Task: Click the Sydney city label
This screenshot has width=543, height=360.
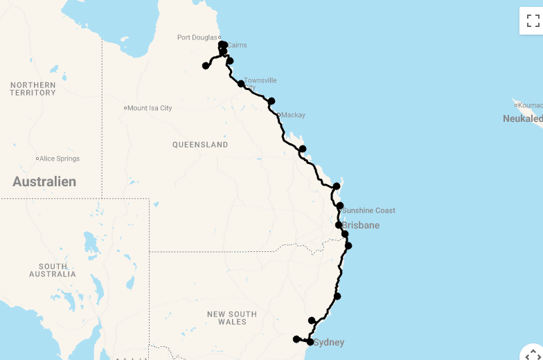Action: click(328, 343)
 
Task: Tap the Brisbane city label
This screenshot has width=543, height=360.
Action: click(360, 226)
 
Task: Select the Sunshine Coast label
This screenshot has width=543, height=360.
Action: click(368, 210)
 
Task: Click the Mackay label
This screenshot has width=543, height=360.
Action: click(293, 115)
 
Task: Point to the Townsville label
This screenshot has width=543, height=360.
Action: click(260, 80)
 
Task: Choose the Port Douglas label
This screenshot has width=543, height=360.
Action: click(197, 37)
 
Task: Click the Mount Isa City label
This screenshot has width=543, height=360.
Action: click(150, 108)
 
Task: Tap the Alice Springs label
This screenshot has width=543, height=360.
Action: click(60, 159)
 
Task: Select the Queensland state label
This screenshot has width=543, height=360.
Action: click(200, 145)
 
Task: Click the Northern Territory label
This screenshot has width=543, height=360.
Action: click(33, 89)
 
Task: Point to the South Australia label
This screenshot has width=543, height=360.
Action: click(53, 270)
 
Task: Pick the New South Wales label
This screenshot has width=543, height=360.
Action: click(232, 318)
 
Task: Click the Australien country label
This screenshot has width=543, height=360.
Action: click(44, 181)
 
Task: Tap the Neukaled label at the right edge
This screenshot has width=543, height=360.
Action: click(523, 118)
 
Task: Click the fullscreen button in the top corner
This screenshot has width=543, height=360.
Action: click(533, 21)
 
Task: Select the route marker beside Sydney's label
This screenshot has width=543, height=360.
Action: click(310, 342)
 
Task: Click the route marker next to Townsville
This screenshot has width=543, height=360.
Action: click(241, 84)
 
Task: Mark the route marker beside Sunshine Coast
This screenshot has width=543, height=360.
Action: click(340, 206)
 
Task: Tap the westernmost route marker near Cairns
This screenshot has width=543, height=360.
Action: click(206, 66)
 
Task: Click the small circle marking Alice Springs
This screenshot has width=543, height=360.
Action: click(37, 159)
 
